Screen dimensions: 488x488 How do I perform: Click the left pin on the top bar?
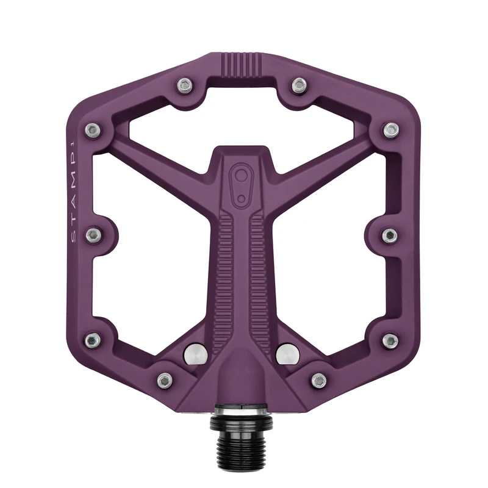tap(182, 84)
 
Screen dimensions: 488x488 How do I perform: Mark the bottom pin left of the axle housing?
tap(163, 381)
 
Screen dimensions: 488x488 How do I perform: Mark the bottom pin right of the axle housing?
tap(318, 381)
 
